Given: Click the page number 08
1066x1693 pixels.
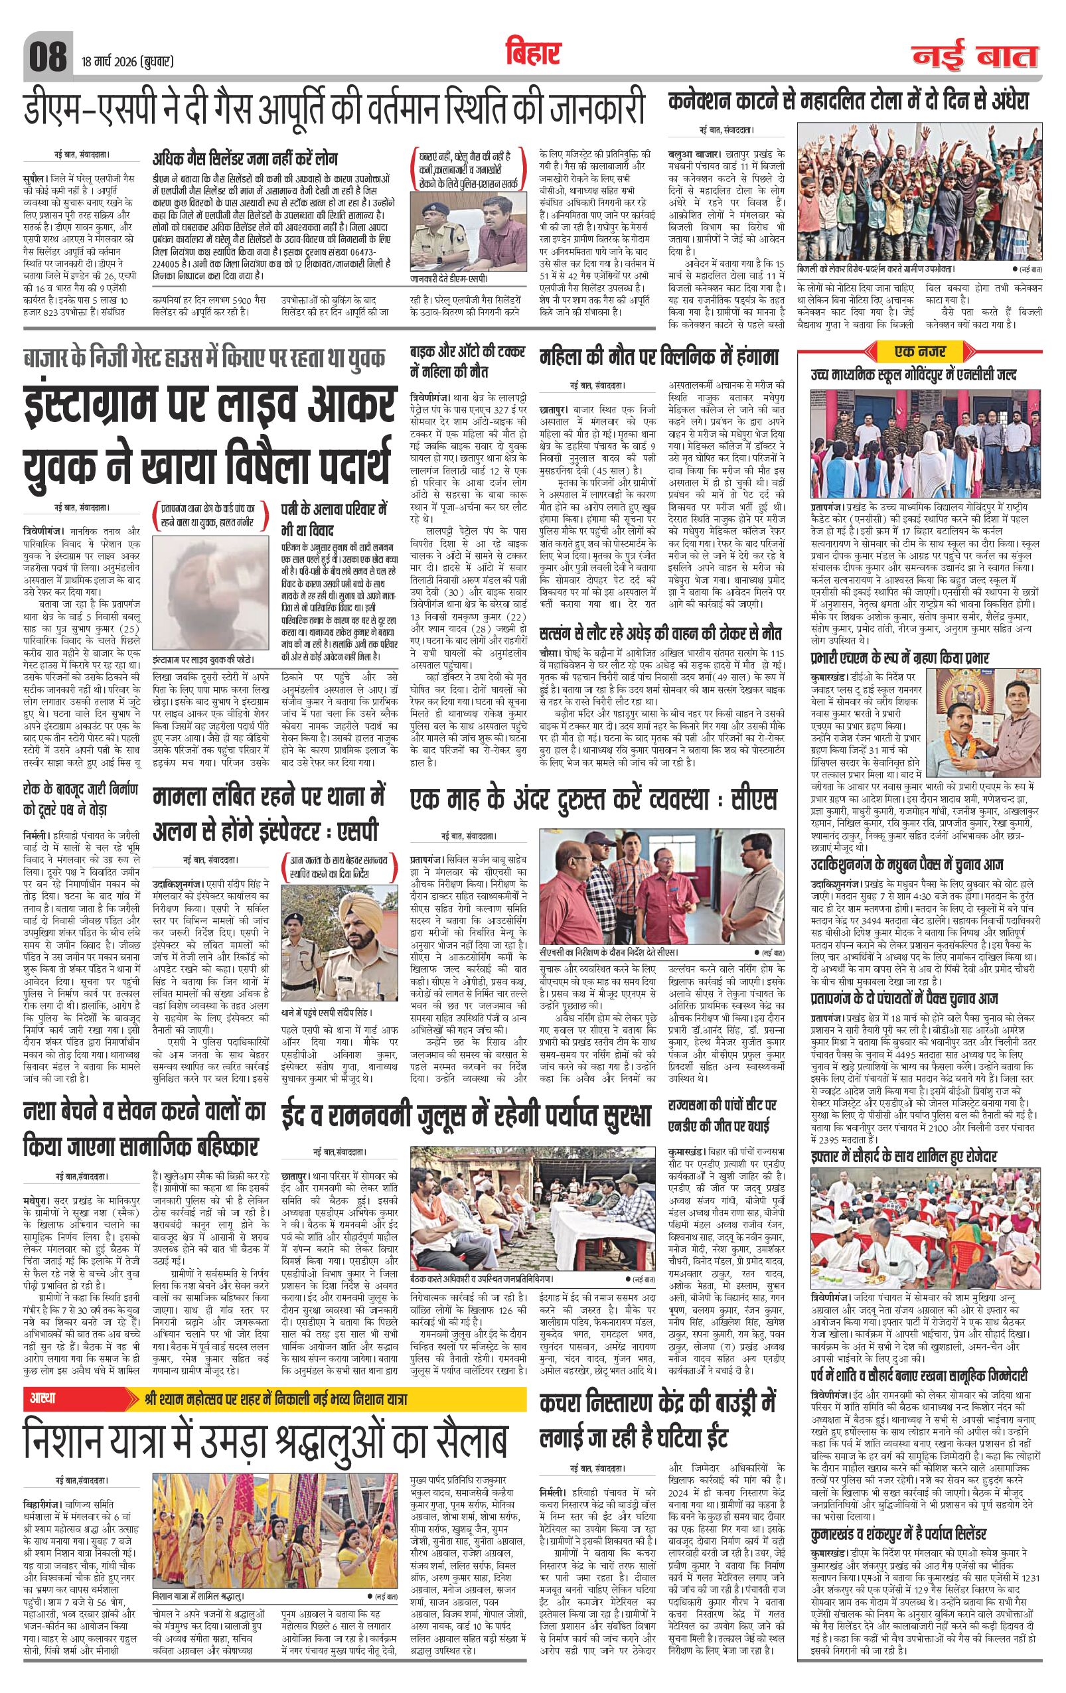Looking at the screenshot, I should click(46, 57).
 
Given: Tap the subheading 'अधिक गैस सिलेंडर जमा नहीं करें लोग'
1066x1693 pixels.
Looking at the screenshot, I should click(245, 158).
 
